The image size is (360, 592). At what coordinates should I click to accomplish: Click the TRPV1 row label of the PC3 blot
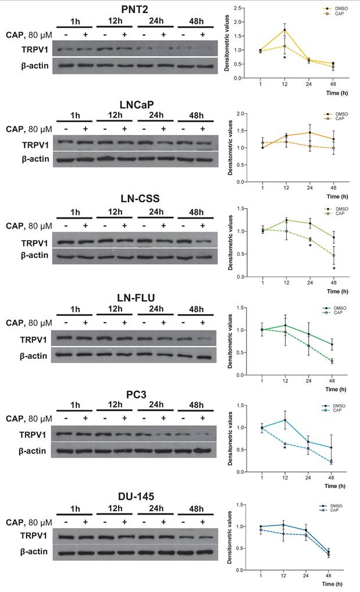[x=28, y=433]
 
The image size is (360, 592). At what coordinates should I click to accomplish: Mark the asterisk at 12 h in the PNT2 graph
[x=284, y=58]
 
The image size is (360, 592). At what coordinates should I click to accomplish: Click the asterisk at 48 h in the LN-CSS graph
[x=334, y=269]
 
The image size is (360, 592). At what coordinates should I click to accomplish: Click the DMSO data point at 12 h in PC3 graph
[x=284, y=420]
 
